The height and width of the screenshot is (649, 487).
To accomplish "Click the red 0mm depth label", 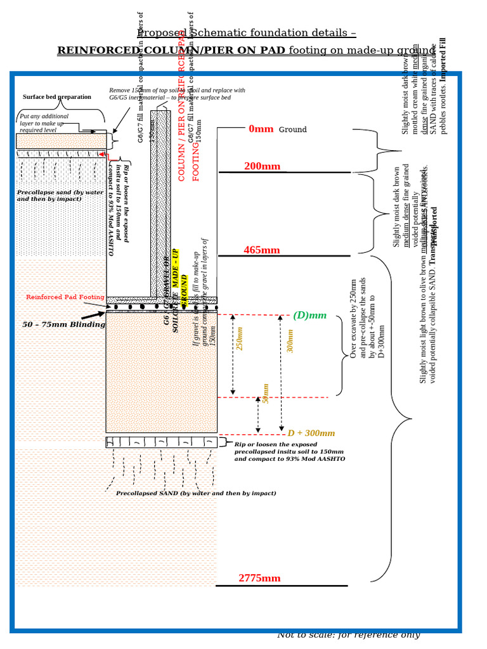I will (261, 129).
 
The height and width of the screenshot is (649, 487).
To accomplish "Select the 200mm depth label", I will (262, 167).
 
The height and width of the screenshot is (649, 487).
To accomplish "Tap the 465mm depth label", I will (261, 250).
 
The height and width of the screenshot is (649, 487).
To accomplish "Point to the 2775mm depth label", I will (259, 578).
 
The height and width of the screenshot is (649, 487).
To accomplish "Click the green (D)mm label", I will (309, 315).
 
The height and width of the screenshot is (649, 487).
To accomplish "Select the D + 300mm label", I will (311, 434).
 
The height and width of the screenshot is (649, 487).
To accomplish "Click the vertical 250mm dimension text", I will (240, 338).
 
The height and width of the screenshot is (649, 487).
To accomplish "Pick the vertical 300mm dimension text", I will (290, 340).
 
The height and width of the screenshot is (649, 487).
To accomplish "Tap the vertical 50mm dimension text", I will (266, 393).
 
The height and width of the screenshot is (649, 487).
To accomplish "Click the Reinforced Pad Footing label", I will (65, 297).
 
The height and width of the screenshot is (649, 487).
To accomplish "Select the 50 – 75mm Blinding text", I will (63, 324).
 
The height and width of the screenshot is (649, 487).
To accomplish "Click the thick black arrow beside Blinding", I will (93, 315).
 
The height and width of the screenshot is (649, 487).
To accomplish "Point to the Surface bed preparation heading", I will (56, 97).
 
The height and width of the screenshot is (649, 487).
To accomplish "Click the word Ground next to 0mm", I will (292, 130).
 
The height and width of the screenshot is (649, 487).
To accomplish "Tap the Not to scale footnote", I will (348, 635).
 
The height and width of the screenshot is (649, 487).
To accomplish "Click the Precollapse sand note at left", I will (60, 195).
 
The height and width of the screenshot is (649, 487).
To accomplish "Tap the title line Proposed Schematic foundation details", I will (246, 34).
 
